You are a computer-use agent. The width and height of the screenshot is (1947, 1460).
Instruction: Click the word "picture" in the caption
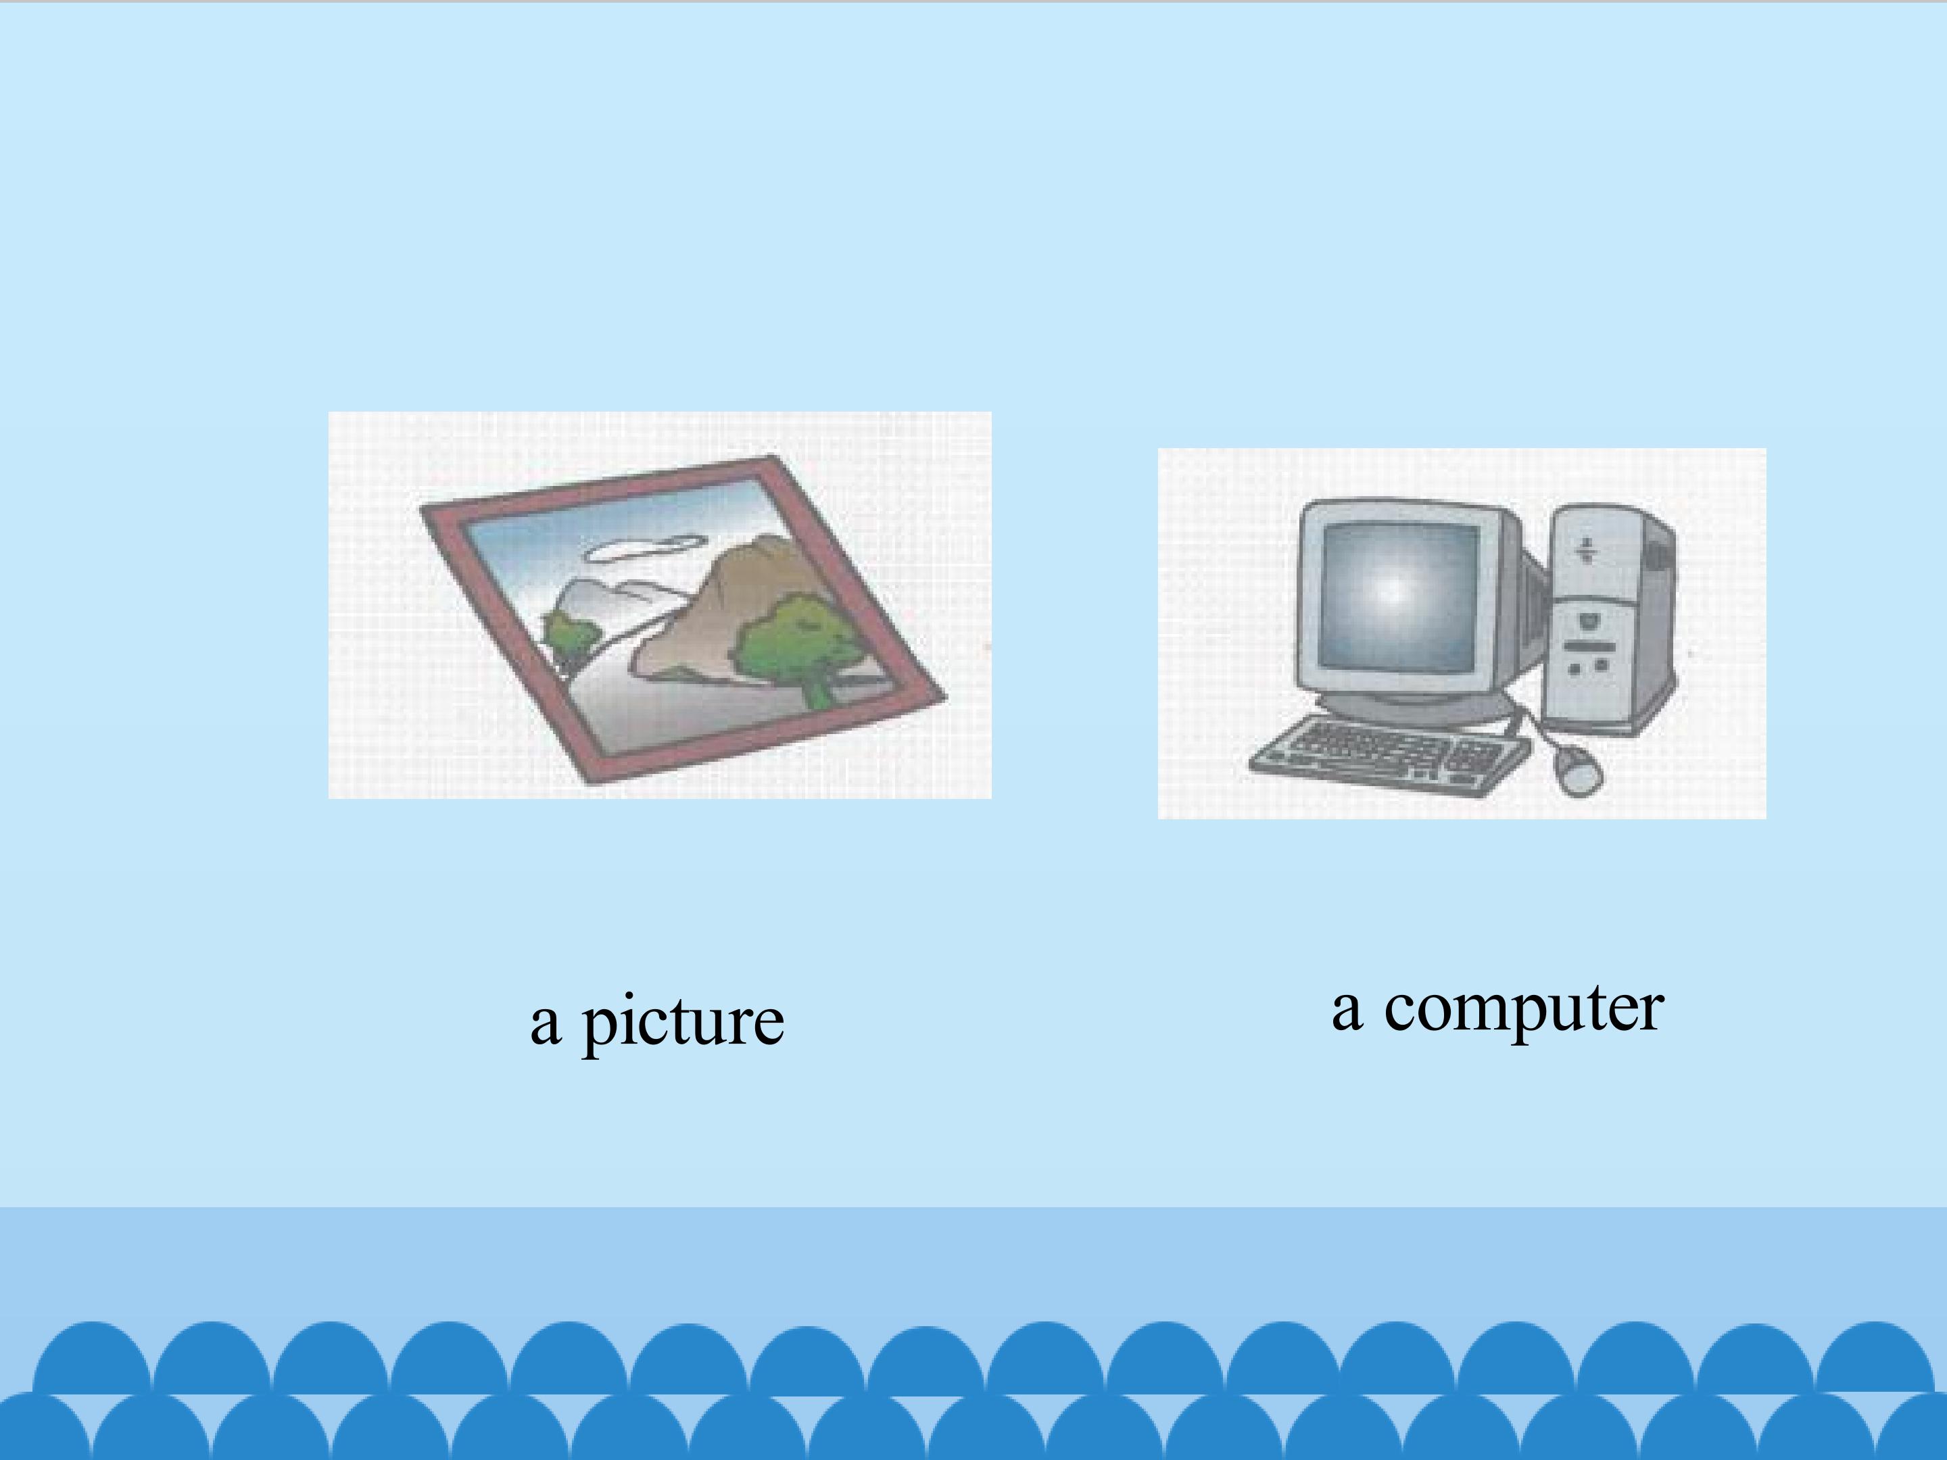[x=682, y=1023]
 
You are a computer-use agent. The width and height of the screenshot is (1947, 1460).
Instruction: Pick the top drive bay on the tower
[x=1585, y=550]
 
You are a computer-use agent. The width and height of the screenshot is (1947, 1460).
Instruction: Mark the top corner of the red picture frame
[x=772, y=460]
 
